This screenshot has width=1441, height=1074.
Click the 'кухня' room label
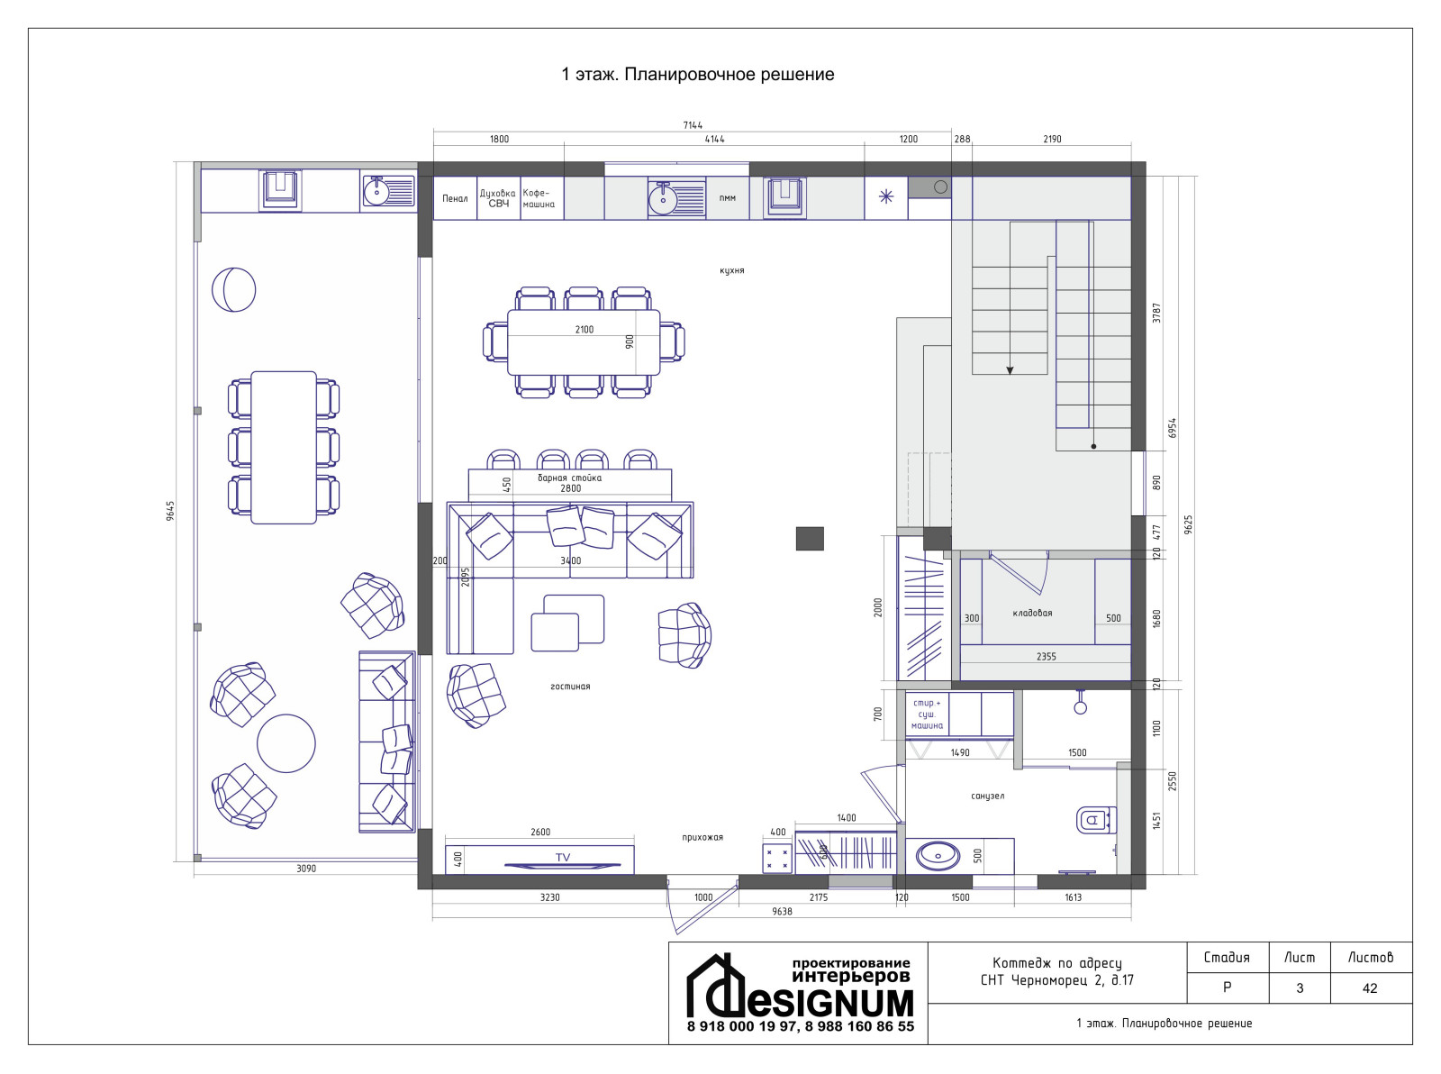731,270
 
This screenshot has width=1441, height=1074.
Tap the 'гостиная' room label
570,687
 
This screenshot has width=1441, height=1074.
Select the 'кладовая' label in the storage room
1032,613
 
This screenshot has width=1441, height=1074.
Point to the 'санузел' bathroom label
987,796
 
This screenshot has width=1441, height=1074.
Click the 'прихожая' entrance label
702,837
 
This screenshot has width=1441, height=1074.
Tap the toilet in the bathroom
1096,820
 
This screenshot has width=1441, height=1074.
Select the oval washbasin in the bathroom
938,856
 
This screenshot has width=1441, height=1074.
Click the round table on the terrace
285,743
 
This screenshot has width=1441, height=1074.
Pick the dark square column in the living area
810,538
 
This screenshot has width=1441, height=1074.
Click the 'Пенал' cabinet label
455,198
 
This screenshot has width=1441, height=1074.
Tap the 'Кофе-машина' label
539,198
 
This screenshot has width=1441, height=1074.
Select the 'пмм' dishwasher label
727,197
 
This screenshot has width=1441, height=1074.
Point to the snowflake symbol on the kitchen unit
886,196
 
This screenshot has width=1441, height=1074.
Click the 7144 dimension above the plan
693,125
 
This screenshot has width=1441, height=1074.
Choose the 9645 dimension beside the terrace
170,510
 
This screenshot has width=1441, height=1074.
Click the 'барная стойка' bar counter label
570,478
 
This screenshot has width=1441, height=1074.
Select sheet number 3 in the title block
1300,988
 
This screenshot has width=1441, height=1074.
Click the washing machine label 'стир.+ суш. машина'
927,714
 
